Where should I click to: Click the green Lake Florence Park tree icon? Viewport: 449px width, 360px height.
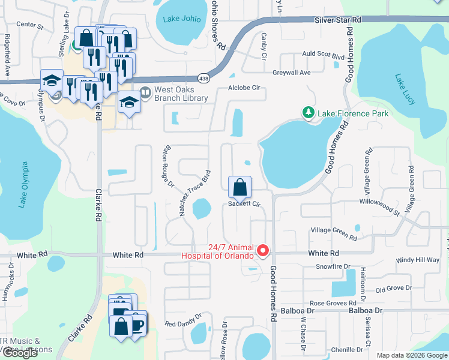308,113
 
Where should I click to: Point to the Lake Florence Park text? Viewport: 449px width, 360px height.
353,113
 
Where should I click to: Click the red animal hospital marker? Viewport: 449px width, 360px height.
262,251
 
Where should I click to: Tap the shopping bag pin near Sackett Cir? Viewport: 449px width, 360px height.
240,188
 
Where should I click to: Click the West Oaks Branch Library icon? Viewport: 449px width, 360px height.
145,93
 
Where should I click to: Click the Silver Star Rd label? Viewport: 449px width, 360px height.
338,20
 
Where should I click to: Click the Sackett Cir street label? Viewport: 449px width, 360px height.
243,204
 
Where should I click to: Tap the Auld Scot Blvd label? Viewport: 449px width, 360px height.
323,54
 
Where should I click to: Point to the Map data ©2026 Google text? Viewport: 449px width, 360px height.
411,355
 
